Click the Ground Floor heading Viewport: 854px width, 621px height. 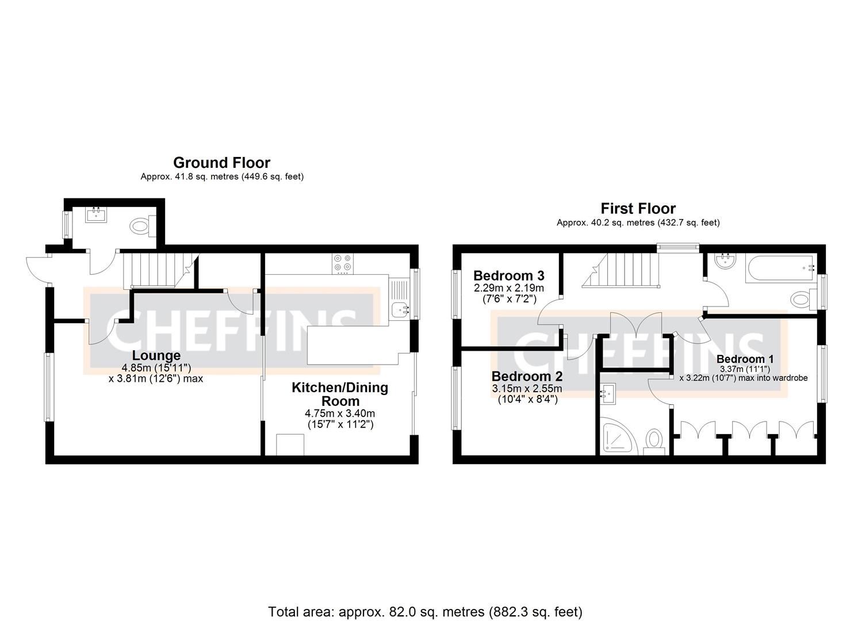point(221,163)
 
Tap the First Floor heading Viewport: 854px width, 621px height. point(638,208)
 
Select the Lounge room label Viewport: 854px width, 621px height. point(156,356)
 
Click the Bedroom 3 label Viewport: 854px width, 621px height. point(508,275)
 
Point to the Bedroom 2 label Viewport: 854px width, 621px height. point(527,377)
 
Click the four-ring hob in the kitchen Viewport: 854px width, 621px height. point(343,264)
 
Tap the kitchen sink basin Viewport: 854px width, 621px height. point(399,310)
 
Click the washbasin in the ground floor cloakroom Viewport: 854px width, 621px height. point(96,215)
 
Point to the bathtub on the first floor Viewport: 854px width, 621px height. point(779,268)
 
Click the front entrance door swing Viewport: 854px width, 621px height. point(36,269)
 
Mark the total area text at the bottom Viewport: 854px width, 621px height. point(425,611)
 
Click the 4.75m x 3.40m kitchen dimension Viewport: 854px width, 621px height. point(339,413)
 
